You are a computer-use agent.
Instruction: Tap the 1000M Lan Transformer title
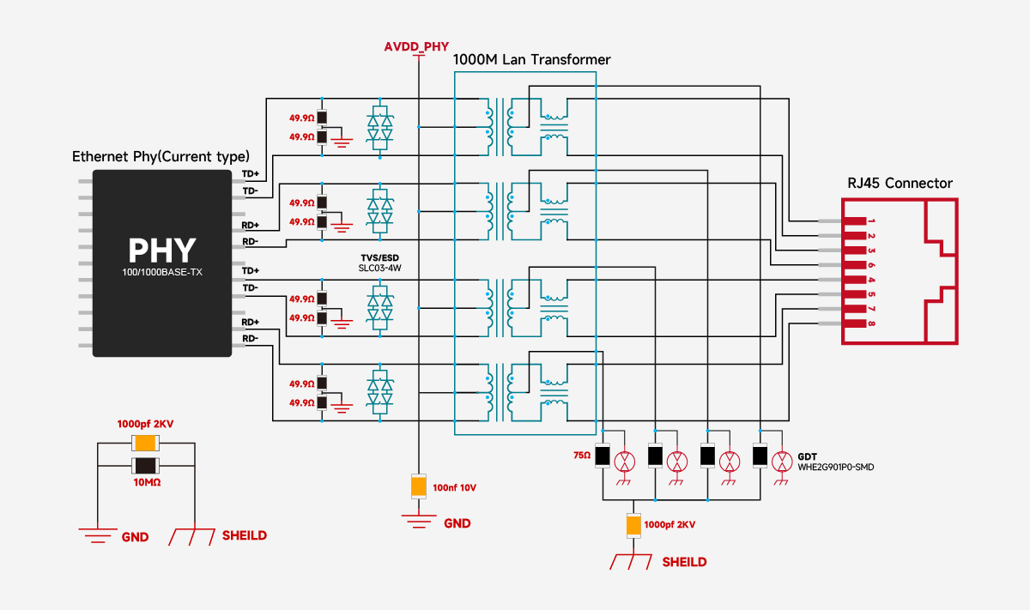pos(531,60)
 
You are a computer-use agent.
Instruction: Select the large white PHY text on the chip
pos(162,250)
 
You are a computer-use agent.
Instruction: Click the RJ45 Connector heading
pos(900,183)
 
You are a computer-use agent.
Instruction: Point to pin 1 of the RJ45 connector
pos(854,220)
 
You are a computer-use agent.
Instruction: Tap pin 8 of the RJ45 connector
pos(854,323)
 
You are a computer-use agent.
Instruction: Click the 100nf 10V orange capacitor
pos(418,486)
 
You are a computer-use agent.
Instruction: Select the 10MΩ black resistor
pos(144,466)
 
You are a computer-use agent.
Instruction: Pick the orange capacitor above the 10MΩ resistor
pos(144,443)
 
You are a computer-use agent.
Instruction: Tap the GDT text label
pos(808,456)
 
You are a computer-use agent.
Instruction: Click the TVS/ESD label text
pos(379,257)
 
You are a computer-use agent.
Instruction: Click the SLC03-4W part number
pos(379,268)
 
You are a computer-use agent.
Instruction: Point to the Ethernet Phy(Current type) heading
pos(161,157)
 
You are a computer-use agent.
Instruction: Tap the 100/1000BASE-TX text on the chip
pos(162,274)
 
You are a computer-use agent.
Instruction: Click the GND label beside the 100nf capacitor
pos(457,523)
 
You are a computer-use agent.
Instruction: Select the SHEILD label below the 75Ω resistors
pos(684,562)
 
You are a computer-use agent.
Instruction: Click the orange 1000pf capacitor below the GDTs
pos(633,525)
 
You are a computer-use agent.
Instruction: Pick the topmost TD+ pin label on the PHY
pos(250,173)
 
